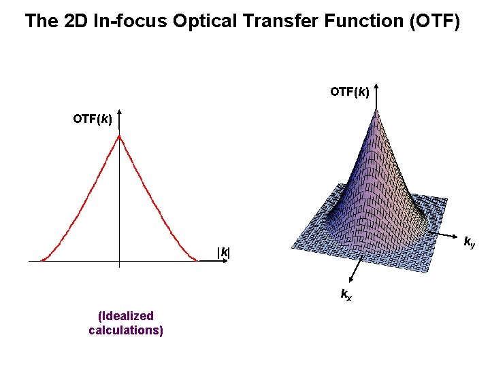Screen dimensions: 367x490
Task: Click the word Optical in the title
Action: click(203, 21)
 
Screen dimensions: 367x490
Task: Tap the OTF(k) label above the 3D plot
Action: click(350, 91)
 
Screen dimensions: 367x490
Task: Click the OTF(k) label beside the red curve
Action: click(93, 120)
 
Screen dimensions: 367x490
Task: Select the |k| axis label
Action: click(223, 253)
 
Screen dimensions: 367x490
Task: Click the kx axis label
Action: click(346, 294)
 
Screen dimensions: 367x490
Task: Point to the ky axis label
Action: click(469, 241)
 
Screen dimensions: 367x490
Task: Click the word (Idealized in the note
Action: click(126, 316)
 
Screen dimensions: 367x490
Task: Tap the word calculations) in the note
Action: click(126, 330)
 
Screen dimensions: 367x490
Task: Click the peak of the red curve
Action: click(119, 137)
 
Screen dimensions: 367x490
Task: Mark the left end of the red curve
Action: click(42, 260)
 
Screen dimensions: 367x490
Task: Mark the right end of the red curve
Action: click(197, 260)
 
